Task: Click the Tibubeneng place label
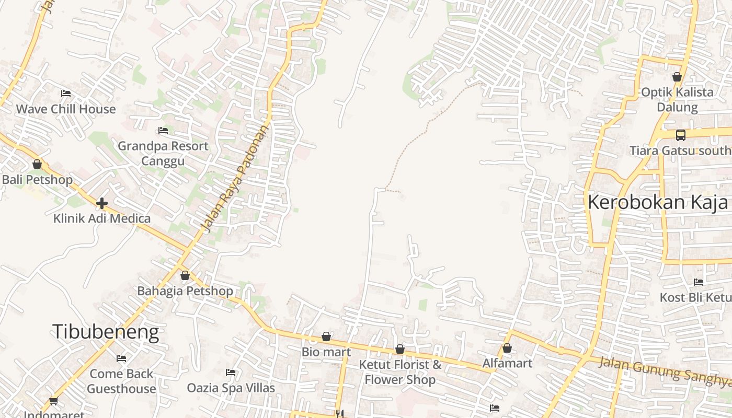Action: (105, 332)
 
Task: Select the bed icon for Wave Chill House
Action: (66, 94)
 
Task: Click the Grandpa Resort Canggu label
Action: (163, 153)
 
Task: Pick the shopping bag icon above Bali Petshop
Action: (37, 164)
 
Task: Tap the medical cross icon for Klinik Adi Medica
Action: (102, 203)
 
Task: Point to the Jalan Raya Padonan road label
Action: (234, 178)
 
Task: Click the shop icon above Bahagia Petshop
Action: (185, 275)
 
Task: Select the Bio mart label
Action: (326, 352)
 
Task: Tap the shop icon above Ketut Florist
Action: (400, 349)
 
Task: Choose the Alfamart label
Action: (507, 363)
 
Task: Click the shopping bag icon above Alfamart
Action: (507, 347)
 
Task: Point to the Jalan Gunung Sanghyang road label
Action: (664, 372)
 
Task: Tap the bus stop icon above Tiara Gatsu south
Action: (680, 135)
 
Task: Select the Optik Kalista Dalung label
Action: (677, 100)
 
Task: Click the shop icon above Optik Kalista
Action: (677, 77)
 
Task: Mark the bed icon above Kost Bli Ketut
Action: (699, 282)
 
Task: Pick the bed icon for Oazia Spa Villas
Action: (231, 373)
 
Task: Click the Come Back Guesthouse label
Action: (121, 381)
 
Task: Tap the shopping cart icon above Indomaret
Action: (53, 401)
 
